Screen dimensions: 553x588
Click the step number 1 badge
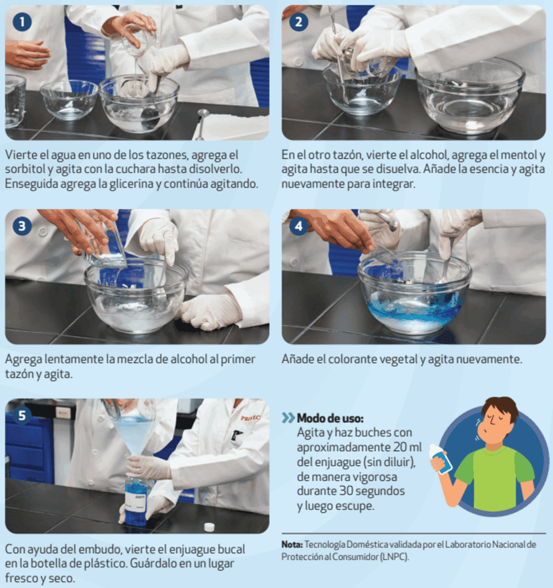pos(22,22)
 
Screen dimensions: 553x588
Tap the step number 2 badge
pos(299,22)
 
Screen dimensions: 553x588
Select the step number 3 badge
pos(22,226)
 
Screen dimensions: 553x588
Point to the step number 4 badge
pos(299,226)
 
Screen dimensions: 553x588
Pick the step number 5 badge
pos(22,416)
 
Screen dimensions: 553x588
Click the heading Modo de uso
pos(330,418)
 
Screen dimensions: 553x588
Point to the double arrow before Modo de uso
pos(289,418)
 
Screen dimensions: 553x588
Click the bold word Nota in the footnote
pos(291,544)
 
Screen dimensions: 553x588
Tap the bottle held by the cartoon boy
pos(440,459)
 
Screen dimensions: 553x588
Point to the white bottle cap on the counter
pos(209,527)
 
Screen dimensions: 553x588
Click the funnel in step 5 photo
pos(134,437)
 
